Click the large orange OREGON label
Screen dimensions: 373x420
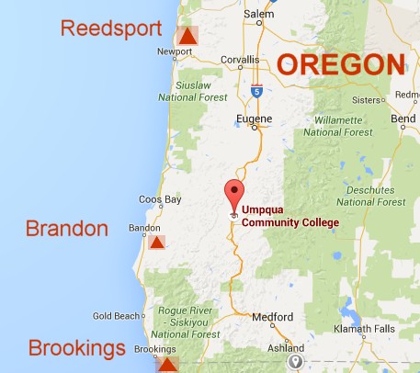click(x=341, y=65)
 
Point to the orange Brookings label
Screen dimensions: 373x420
click(x=76, y=348)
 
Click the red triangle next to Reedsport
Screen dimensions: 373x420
click(x=187, y=37)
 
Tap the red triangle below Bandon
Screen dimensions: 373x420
click(x=157, y=243)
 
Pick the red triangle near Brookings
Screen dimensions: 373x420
click(x=167, y=365)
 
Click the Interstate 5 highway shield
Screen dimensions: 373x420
click(x=256, y=90)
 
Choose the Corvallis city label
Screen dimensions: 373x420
click(x=240, y=61)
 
